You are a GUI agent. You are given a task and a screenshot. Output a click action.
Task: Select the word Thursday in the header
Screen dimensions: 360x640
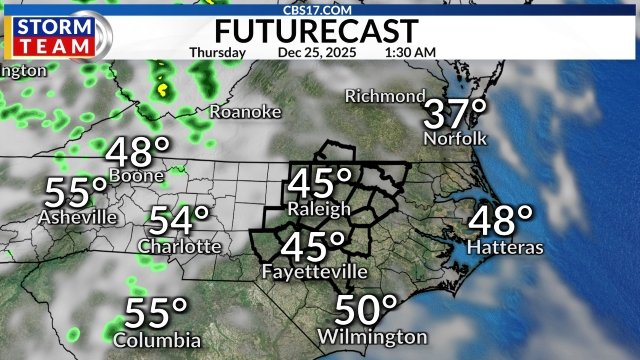coord(217,52)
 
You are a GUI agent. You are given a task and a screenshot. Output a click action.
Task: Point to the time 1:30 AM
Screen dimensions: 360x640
coord(409,52)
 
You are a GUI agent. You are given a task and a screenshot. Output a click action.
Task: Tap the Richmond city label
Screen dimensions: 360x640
coord(385,96)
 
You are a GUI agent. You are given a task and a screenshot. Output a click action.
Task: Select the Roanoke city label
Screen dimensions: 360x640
coord(245,112)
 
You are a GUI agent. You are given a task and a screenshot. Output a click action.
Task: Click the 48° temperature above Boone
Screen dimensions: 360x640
coord(139,153)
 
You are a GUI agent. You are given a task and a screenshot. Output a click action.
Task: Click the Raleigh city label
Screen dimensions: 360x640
coord(319,209)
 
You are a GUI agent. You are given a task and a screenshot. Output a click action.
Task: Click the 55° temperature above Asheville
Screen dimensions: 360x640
coord(76,190)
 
